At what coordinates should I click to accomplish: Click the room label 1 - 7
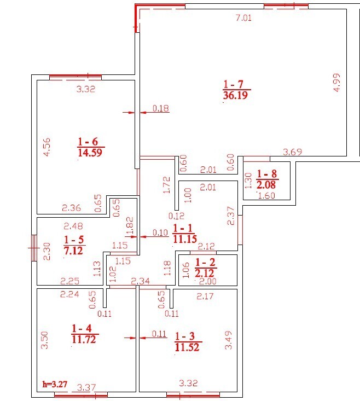tap(234, 84)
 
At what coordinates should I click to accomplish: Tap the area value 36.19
tap(235, 95)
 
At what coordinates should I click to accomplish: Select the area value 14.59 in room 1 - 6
tap(90, 153)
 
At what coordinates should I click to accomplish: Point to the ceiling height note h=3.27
tap(55, 384)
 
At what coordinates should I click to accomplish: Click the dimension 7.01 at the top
tap(243, 18)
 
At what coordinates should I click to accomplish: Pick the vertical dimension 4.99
tap(337, 83)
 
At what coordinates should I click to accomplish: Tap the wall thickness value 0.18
tap(161, 108)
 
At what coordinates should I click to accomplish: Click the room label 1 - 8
tap(267, 174)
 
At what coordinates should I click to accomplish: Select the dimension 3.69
tap(293, 152)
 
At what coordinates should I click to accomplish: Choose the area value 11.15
tap(185, 239)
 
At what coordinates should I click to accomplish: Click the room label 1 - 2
tap(205, 263)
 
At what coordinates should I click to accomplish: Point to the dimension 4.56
tap(47, 147)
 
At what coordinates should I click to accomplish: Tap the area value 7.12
tap(73, 251)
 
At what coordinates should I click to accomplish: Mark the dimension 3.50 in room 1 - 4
tap(44, 340)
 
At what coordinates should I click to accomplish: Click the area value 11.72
tap(84, 340)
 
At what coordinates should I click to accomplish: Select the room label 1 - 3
tap(185, 336)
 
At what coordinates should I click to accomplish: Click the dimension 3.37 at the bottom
tap(86, 388)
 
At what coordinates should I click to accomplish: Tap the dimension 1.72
tap(166, 185)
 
